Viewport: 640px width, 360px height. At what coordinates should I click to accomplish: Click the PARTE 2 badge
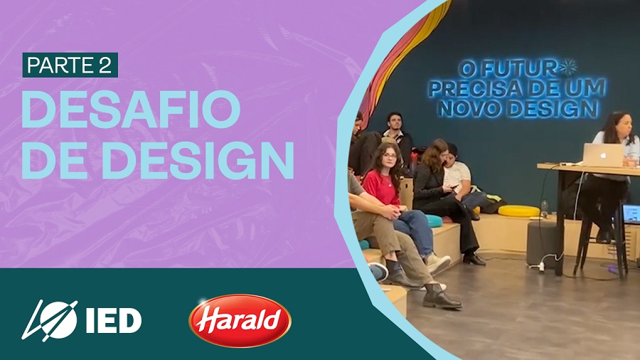(x=70, y=65)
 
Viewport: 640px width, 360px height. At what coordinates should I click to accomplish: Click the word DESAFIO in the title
(x=131, y=110)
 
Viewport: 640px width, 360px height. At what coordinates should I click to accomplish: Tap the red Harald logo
(x=240, y=320)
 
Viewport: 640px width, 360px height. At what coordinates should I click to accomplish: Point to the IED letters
(x=114, y=321)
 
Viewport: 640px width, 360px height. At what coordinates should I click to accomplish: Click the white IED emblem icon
(x=50, y=320)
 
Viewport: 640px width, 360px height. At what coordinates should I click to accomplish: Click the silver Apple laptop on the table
(x=603, y=154)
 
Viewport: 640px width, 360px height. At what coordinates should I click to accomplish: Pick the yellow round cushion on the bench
(x=519, y=211)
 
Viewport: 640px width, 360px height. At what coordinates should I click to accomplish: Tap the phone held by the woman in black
(x=454, y=187)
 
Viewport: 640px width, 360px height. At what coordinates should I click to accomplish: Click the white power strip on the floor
(x=539, y=267)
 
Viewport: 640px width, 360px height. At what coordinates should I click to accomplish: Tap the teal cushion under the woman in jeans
(x=434, y=221)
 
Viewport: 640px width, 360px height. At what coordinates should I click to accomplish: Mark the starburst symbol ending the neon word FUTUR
(x=567, y=68)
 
